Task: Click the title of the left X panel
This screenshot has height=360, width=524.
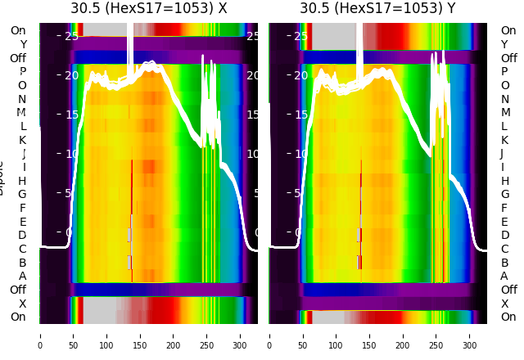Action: click(x=148, y=9)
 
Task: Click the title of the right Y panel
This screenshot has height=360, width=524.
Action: click(x=377, y=9)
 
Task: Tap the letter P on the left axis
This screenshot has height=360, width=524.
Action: click(x=22, y=72)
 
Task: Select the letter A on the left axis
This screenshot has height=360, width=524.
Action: click(x=22, y=276)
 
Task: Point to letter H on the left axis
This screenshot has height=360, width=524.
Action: click(x=22, y=181)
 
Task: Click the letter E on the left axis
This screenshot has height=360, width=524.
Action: click(x=22, y=222)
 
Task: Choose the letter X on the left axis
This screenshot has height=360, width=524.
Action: click(x=22, y=304)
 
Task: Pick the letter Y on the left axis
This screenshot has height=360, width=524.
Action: click(x=22, y=44)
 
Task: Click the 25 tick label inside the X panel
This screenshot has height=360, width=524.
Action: click(x=71, y=36)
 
